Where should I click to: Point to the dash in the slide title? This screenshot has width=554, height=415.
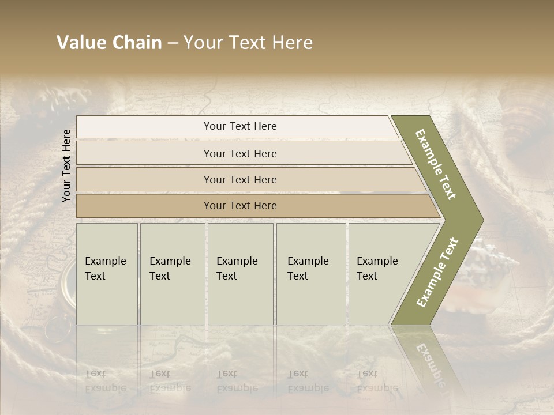[173, 43]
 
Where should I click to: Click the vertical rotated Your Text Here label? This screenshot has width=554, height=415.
[66, 165]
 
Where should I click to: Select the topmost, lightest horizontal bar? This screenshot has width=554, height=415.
[239, 126]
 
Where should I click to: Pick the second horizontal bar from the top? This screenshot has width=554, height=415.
[239, 153]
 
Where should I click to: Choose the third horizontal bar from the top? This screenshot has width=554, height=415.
[239, 179]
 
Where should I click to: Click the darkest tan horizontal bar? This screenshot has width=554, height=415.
[239, 206]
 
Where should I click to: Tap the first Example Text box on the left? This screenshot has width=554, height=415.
[107, 274]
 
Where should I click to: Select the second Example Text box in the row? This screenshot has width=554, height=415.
[172, 274]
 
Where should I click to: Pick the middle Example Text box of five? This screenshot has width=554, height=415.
[240, 274]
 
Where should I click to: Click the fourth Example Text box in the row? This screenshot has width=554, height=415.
[310, 274]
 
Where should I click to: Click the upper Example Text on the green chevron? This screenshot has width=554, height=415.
[436, 164]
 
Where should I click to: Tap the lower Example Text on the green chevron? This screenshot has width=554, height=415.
[437, 272]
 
